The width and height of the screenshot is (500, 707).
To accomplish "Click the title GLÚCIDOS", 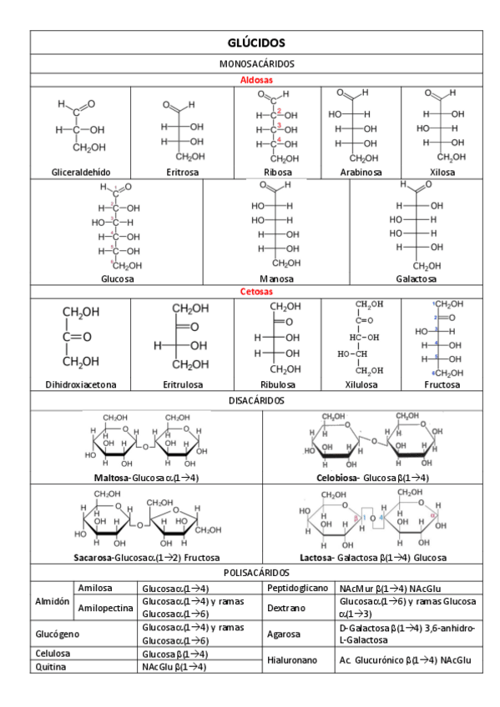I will (256, 43).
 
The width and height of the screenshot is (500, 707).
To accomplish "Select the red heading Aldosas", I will (256, 80).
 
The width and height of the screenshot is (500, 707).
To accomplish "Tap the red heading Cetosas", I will (256, 292).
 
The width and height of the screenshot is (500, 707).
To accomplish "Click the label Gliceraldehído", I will (81, 172).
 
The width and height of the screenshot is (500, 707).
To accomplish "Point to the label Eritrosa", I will (182, 172).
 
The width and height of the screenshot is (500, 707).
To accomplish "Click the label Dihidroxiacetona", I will (81, 384).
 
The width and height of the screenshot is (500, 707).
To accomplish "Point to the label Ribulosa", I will (277, 384).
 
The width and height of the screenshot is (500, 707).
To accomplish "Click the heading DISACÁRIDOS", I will (256, 400).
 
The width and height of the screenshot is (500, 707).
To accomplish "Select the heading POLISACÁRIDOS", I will (256, 573).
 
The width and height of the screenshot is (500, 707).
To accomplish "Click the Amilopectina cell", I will (105, 608).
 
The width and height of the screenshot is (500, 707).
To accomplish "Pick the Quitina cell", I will (51, 667).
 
